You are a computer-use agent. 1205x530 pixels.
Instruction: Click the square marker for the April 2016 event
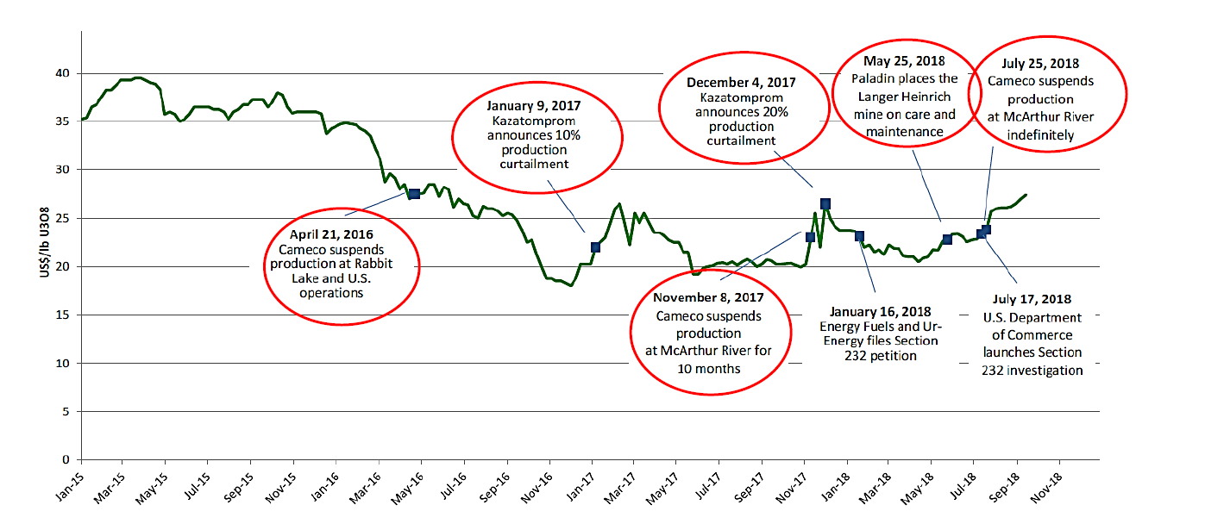coord(414,195)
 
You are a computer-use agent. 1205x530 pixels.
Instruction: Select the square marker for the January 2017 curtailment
coord(595,247)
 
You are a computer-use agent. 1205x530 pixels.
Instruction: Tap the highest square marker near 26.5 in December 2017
coord(825,204)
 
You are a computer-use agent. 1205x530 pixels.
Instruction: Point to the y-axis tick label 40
coord(61,73)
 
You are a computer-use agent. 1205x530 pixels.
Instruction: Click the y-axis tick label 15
coord(61,315)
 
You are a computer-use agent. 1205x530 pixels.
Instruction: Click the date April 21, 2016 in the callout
coord(331,233)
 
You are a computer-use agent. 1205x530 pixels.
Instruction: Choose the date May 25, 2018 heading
coord(904,62)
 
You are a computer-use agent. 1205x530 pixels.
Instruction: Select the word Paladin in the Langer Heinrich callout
coord(871,78)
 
